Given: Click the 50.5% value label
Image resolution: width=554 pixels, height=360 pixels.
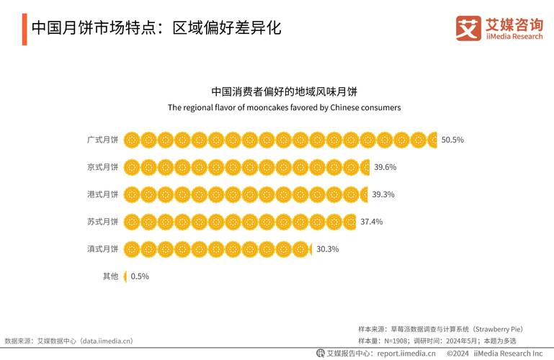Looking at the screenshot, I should point(452,140).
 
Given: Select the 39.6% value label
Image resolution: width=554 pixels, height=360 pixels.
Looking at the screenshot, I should point(385,167).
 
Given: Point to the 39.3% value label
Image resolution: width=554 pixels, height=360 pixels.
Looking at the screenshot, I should point(383,194).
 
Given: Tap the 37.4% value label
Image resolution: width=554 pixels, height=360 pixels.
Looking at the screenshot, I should point(372,222).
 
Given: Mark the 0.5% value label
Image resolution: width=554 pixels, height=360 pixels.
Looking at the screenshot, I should point(140,276).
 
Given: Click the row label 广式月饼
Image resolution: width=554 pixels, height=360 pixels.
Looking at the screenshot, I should point(102,140).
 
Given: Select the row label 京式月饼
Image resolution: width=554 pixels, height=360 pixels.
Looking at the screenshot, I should point(102,167).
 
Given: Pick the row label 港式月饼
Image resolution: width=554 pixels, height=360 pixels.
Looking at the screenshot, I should point(102,194).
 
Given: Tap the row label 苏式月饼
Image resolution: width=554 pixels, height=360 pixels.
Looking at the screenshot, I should point(102,222).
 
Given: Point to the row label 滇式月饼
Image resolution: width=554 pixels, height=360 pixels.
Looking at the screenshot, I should point(102,249).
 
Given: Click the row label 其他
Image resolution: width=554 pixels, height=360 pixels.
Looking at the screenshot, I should point(110,276).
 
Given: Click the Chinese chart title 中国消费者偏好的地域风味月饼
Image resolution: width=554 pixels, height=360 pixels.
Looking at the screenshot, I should point(284,92).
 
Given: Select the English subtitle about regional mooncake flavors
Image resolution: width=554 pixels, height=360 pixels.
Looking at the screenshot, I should point(284,107).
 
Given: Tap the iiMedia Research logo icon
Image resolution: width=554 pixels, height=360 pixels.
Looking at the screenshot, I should point(468,28).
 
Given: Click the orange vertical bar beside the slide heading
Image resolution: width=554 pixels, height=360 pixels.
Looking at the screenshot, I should point(24,28).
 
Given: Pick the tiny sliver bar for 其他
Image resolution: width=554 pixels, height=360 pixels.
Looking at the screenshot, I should point(125,276).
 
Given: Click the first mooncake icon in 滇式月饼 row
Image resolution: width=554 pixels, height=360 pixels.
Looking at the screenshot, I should point(132,249).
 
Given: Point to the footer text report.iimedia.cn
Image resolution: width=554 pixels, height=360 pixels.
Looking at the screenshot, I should point(406,354).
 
